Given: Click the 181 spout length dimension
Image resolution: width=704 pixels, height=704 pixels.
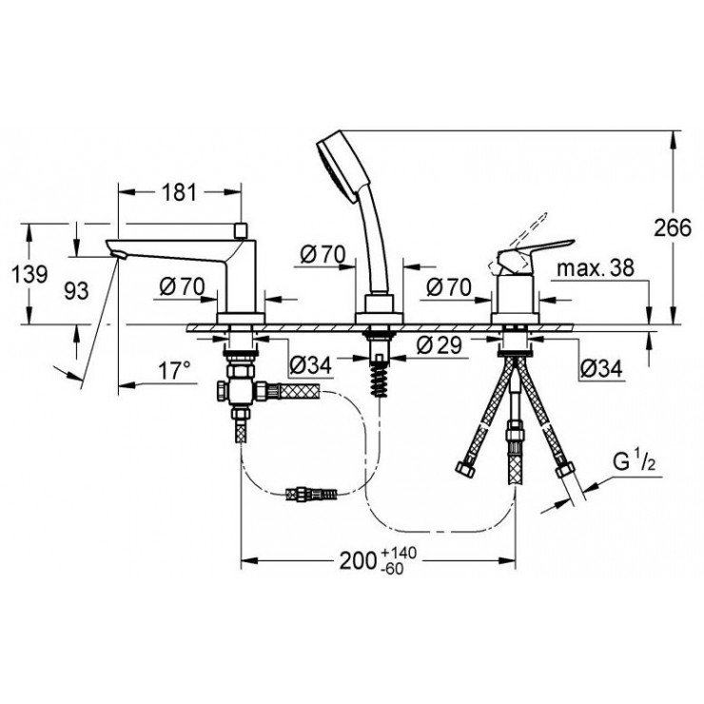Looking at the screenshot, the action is (x=179, y=192).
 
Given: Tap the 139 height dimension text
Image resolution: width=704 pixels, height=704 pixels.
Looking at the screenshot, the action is (x=29, y=274).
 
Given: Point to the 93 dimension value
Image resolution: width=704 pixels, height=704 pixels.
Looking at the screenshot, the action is (x=76, y=291).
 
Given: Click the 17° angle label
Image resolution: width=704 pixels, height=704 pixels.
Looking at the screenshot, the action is (x=174, y=371).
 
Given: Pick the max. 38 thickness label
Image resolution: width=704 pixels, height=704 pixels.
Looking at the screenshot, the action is (x=596, y=268).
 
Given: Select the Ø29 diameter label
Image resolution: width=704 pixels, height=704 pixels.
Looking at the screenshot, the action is (x=439, y=344).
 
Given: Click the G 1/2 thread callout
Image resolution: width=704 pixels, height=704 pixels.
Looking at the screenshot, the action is (x=635, y=462).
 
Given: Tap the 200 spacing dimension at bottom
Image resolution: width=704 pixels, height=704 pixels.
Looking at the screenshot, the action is (x=358, y=560).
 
